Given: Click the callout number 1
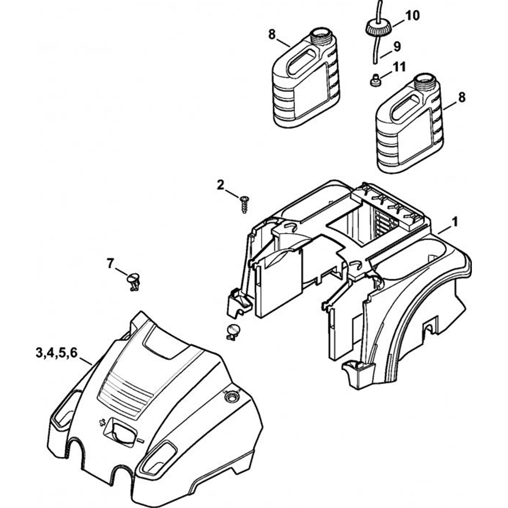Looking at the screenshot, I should point(455,221).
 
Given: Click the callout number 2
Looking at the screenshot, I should point(220,185).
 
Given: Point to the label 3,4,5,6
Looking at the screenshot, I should point(56,353).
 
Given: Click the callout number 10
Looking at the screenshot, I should point(412,16).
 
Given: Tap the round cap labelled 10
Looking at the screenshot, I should point(376,26).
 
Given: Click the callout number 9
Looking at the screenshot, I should point(397,46).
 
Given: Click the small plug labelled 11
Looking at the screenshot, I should point(375,80).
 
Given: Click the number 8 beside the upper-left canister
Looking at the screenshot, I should point(272,35).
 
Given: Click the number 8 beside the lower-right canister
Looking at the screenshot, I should point(461,98).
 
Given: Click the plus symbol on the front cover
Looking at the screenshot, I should point(102,422).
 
